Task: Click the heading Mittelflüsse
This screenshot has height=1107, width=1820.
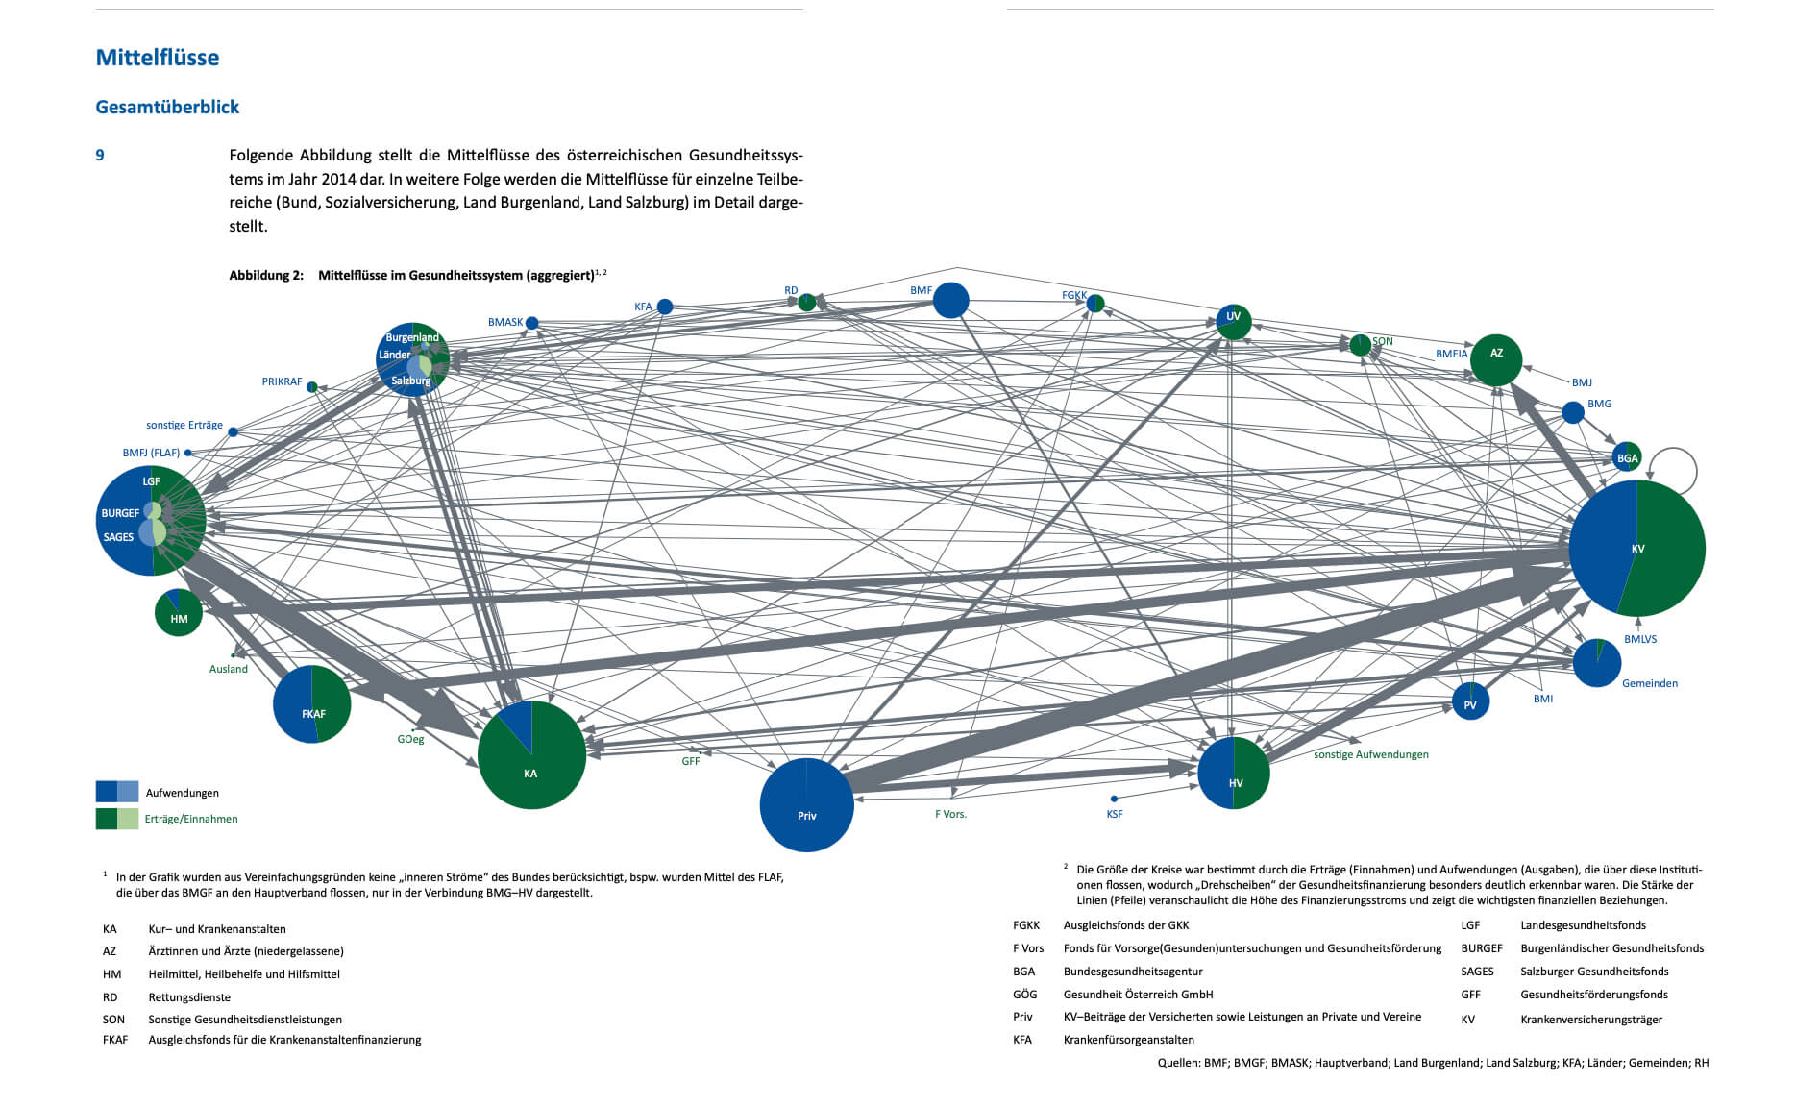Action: click(x=158, y=58)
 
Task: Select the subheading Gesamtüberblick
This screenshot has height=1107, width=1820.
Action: click(x=167, y=107)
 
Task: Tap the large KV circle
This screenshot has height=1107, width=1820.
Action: click(x=1636, y=548)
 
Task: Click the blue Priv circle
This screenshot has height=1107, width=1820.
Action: click(x=806, y=805)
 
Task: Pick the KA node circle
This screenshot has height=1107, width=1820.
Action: click(x=531, y=755)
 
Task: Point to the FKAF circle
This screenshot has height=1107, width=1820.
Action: click(x=312, y=704)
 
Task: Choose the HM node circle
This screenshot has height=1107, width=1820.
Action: click(x=179, y=613)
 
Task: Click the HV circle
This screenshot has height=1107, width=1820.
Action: click(x=1234, y=773)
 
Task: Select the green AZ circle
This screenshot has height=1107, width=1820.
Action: click(x=1496, y=360)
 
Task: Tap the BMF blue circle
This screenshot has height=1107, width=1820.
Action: click(x=950, y=300)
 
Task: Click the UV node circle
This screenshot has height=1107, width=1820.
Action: click(x=1234, y=322)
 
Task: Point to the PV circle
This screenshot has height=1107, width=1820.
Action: click(x=1470, y=701)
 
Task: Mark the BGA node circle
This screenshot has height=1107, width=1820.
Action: click(x=1627, y=457)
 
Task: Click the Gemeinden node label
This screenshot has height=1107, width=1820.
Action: click(x=1650, y=683)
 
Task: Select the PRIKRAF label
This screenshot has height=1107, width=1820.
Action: click(x=282, y=381)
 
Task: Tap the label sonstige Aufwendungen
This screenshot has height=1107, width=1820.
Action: click(x=1370, y=754)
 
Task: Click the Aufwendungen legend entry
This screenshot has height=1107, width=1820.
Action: click(x=183, y=793)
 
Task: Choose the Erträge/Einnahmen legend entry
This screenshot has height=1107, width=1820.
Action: click(x=191, y=819)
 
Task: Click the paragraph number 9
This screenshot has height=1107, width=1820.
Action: click(x=100, y=155)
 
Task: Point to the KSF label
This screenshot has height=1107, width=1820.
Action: click(x=1114, y=814)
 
